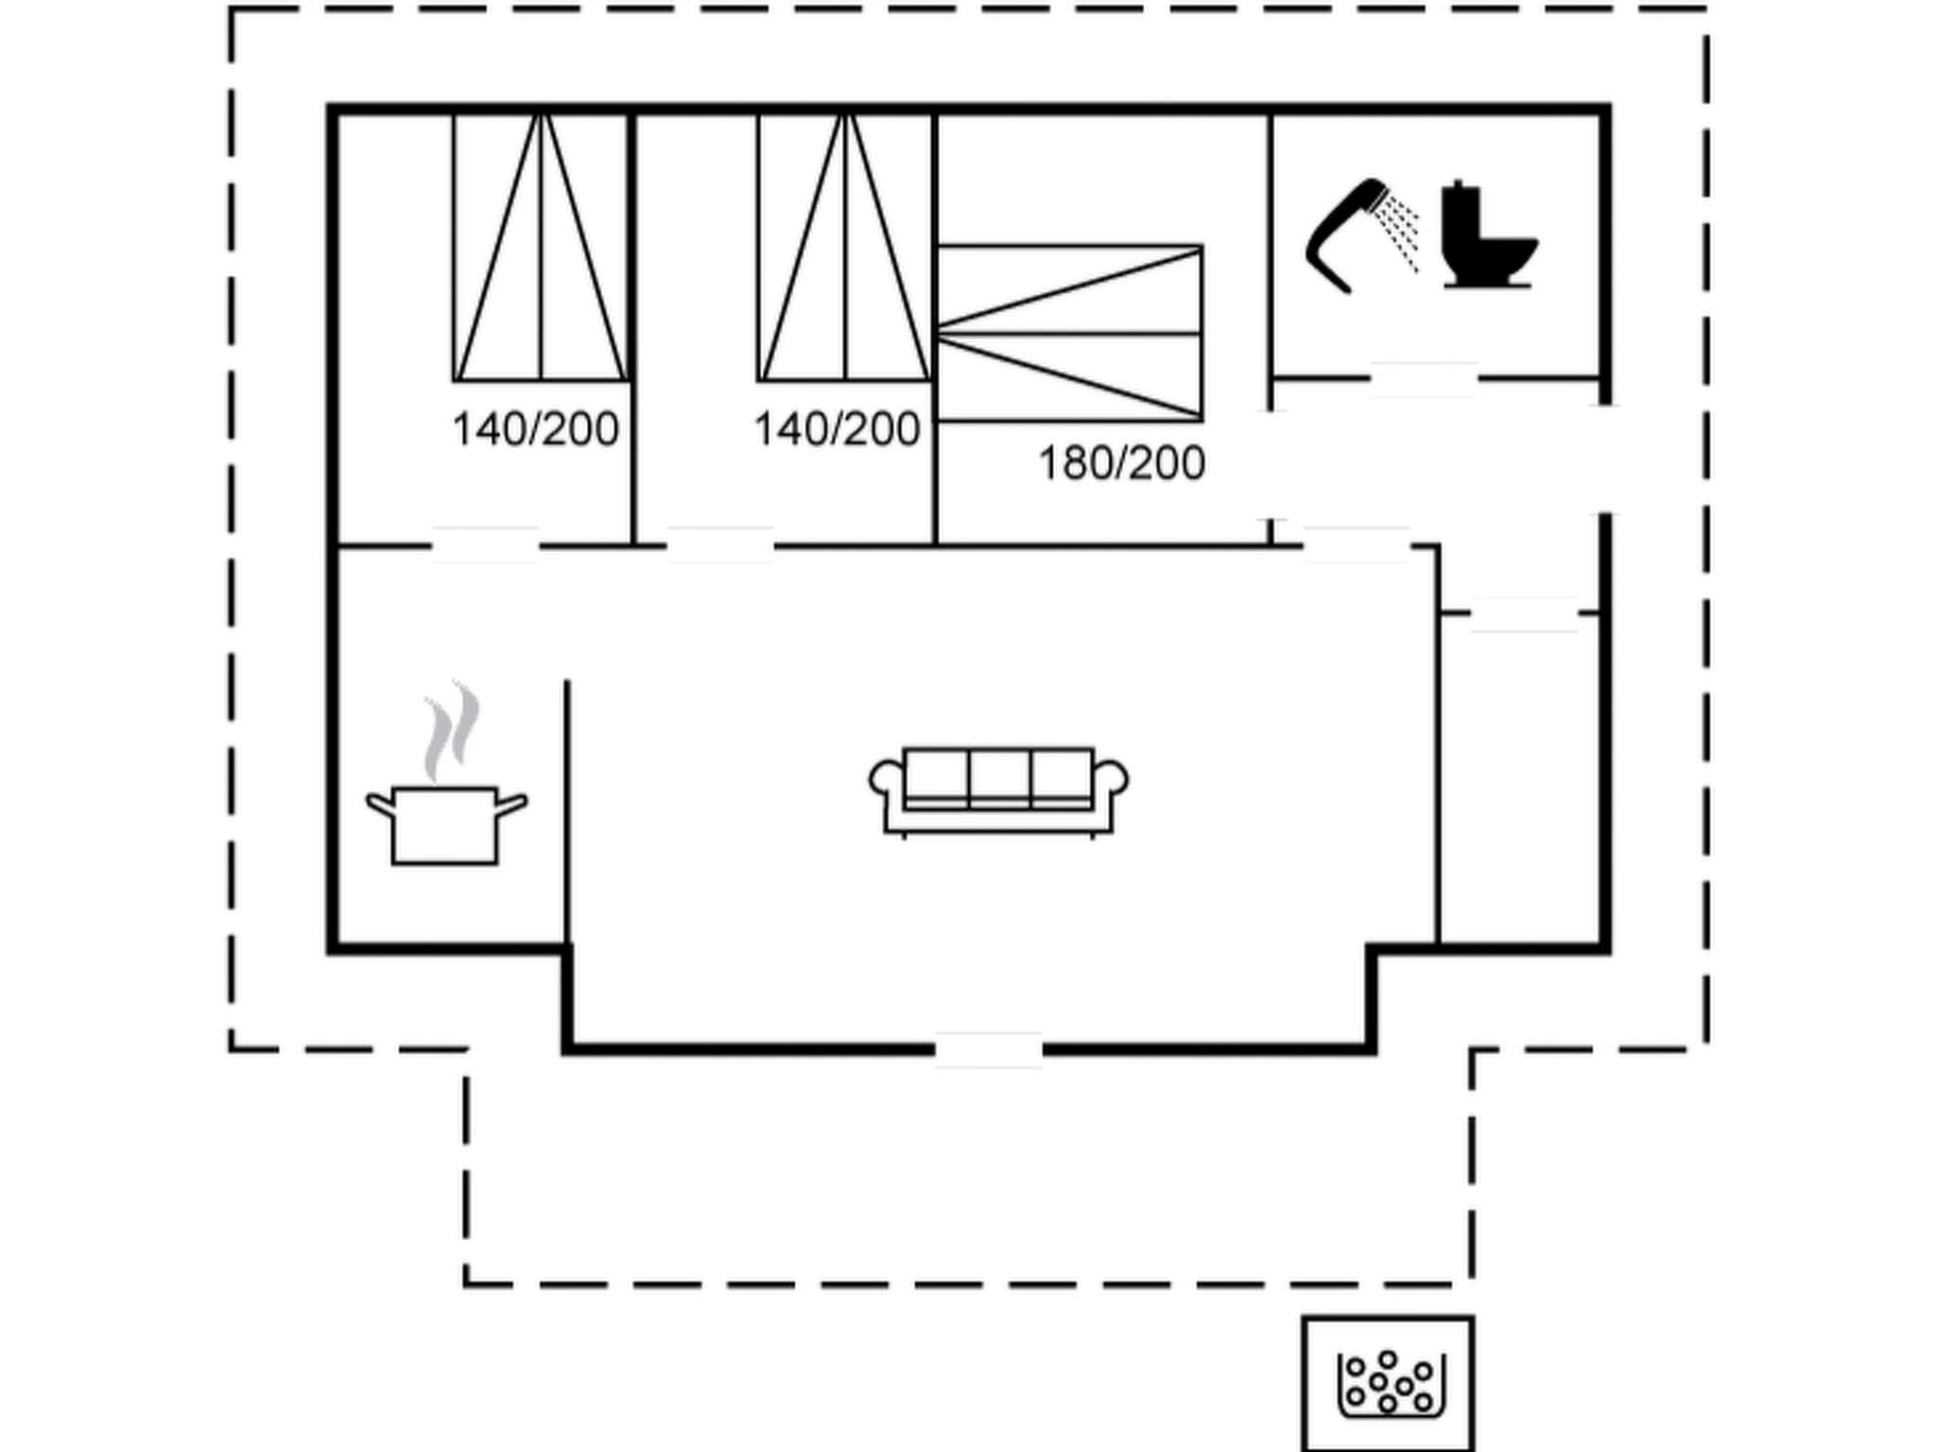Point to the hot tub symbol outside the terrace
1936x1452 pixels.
tap(1389, 1383)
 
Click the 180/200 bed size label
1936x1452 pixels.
tap(1121, 464)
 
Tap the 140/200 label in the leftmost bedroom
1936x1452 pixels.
tap(535, 430)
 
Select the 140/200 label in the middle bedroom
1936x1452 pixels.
tap(837, 430)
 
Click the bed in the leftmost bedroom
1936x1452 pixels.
tap(540, 248)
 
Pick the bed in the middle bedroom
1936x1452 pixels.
tap(844, 248)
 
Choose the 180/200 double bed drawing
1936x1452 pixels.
tap(1069, 333)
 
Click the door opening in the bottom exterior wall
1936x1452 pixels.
tap(989, 1049)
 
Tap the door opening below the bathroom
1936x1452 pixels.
tap(1424, 378)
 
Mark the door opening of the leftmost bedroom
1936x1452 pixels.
tap(485, 545)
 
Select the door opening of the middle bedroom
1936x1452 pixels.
tap(720, 545)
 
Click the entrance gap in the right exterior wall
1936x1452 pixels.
tap(1604, 460)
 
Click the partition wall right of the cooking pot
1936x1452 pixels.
tap(567, 813)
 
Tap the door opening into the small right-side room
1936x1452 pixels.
tap(1524, 614)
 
